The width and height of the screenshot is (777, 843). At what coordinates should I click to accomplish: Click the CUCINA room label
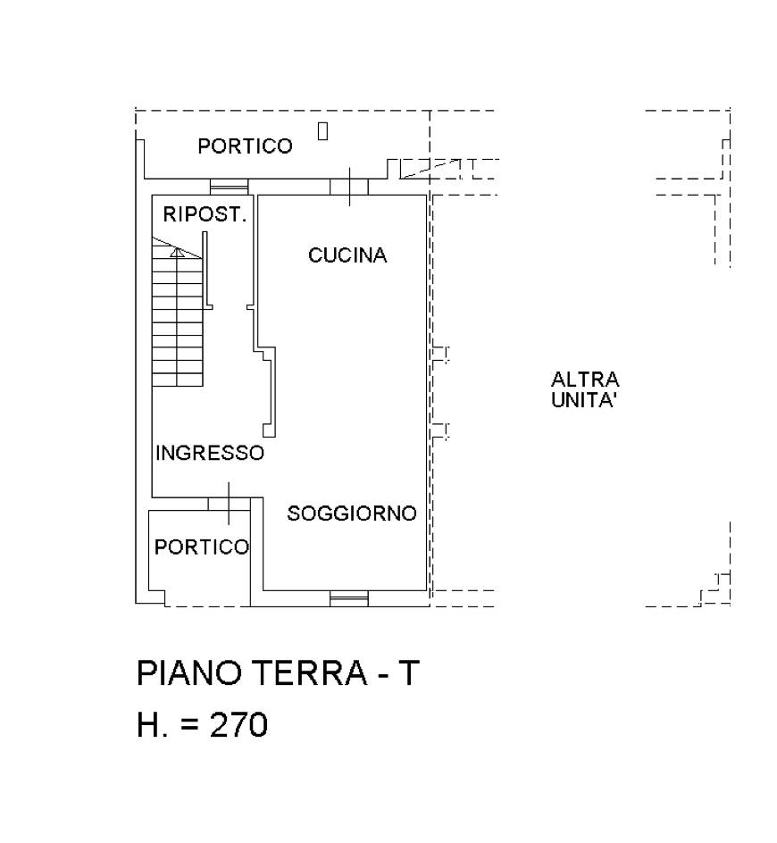tap(347, 255)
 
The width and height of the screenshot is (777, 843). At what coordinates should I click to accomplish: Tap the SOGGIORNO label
tap(352, 513)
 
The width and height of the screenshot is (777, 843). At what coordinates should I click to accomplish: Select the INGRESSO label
tap(210, 453)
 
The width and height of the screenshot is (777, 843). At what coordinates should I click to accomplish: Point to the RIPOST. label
tap(205, 214)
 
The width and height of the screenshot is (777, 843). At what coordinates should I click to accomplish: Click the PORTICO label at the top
tap(245, 146)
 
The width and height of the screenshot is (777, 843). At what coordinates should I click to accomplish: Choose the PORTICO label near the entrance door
tap(202, 547)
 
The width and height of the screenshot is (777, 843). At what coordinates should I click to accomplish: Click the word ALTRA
tap(585, 380)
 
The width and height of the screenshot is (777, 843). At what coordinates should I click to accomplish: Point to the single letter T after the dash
tap(407, 673)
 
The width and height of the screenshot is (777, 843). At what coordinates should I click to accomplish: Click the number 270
tap(238, 725)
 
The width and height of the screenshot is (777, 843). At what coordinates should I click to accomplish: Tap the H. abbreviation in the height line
tap(152, 725)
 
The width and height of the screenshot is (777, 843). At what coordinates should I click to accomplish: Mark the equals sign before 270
tap(189, 726)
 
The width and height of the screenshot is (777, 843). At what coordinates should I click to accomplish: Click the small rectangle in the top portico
tap(322, 131)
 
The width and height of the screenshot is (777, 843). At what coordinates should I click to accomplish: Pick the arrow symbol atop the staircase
tap(178, 252)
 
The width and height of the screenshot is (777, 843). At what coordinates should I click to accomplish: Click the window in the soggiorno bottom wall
tap(348, 598)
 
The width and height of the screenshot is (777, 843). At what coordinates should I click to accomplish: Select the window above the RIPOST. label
tap(229, 187)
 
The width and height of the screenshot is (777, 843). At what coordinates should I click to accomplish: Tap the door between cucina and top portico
tap(348, 187)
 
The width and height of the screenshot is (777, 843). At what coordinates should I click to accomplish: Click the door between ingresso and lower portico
tap(229, 504)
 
